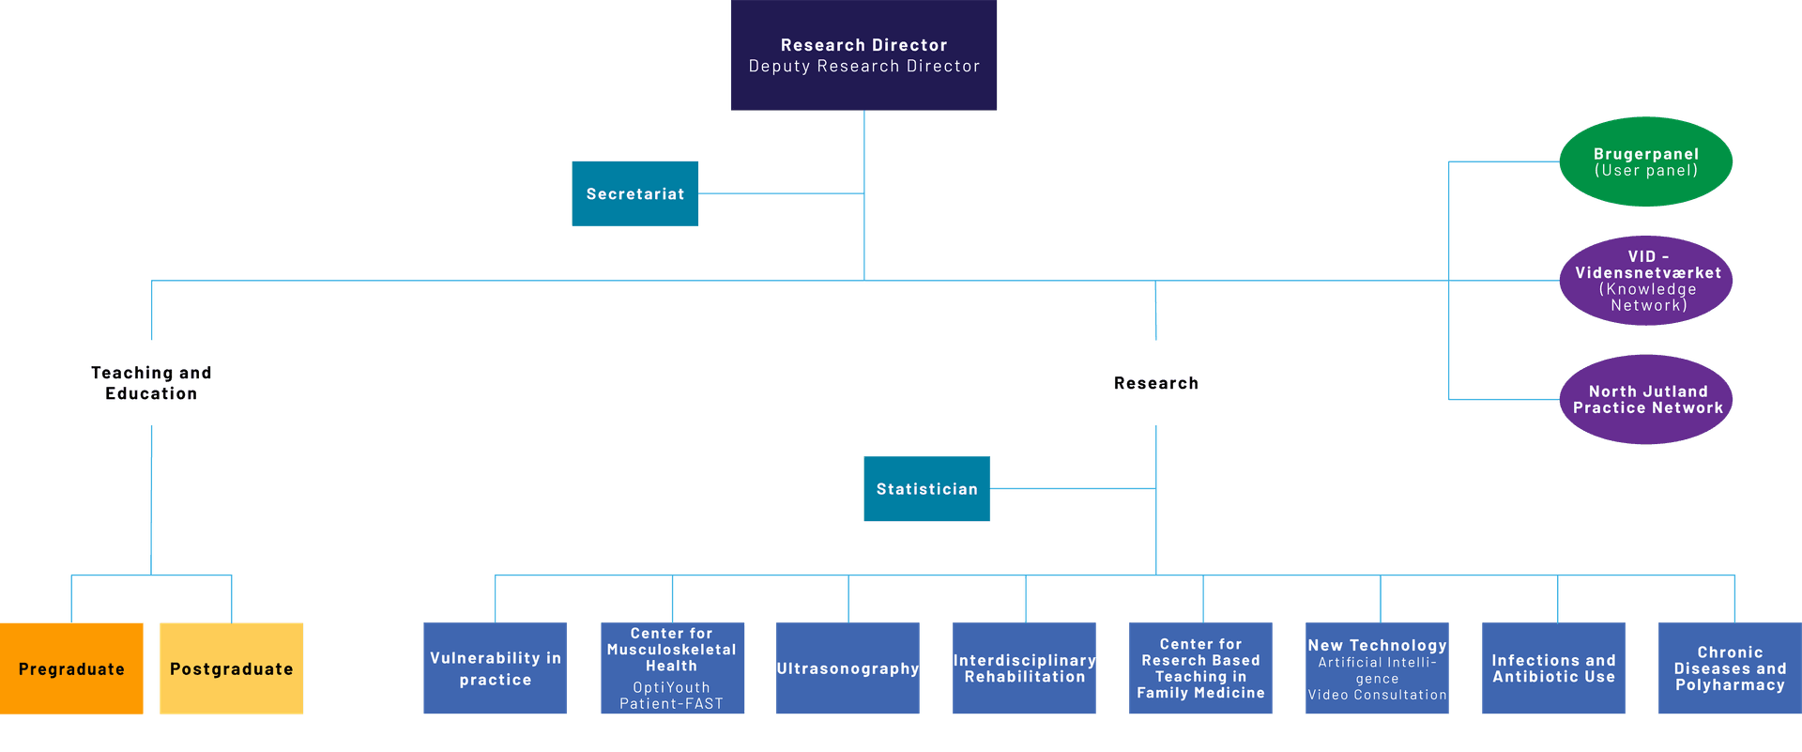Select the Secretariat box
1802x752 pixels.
[635, 193]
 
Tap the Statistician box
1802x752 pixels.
[926, 488]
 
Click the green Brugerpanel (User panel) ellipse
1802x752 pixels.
[1645, 161]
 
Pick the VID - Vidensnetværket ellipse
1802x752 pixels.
[1646, 280]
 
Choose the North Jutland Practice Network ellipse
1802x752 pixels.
[1646, 399]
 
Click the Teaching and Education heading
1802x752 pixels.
[151, 383]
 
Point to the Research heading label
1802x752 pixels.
[1155, 383]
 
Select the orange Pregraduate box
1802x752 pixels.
[71, 668]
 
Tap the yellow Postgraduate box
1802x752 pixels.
[231, 668]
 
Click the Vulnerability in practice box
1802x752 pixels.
[496, 668]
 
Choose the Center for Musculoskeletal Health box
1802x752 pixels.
[672, 668]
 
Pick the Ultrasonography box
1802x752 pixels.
[848, 668]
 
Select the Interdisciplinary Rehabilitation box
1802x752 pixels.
[1024, 668]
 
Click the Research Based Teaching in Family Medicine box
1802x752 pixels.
[1200, 668]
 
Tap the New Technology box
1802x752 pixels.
[1377, 668]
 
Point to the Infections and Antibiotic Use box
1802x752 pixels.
[1553, 668]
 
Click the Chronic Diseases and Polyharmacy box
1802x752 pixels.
[1730, 668]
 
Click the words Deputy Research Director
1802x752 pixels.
[863, 67]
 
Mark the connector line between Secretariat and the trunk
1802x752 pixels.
[781, 193]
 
